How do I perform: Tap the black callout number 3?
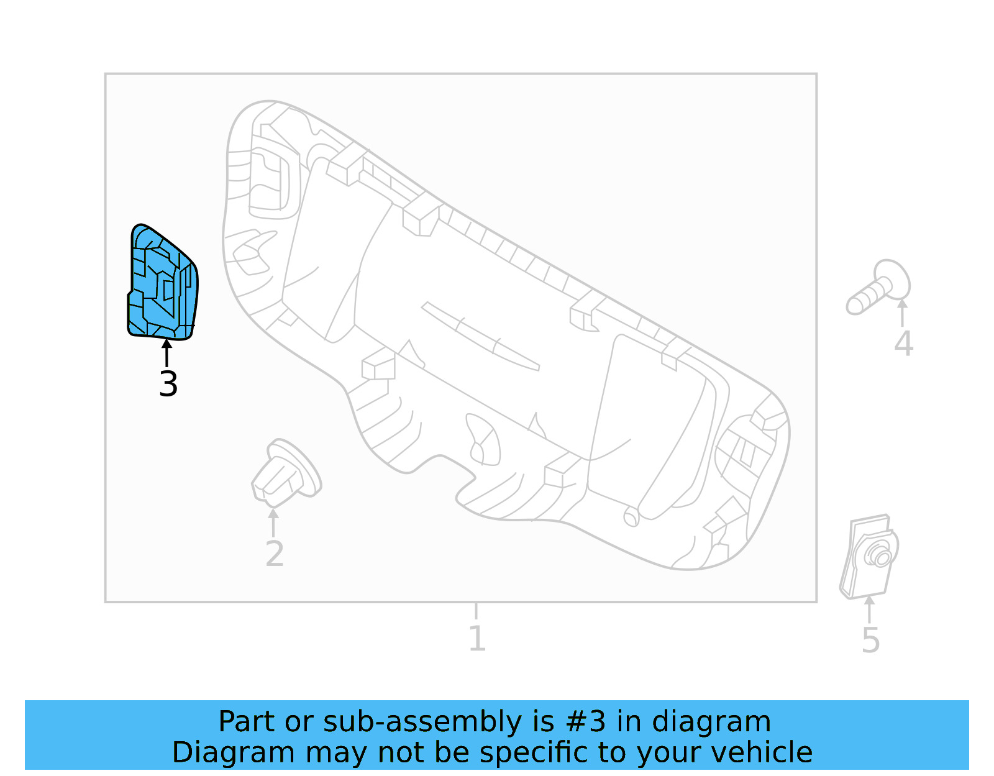(x=168, y=385)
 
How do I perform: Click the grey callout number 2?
(x=274, y=554)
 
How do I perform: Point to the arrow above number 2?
(x=273, y=522)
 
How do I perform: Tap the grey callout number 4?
(x=903, y=344)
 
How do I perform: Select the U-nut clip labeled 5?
(x=869, y=556)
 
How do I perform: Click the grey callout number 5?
(x=870, y=641)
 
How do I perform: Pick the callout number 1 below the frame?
(x=476, y=639)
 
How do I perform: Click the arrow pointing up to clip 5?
(x=870, y=609)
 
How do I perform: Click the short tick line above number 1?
(x=476, y=611)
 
